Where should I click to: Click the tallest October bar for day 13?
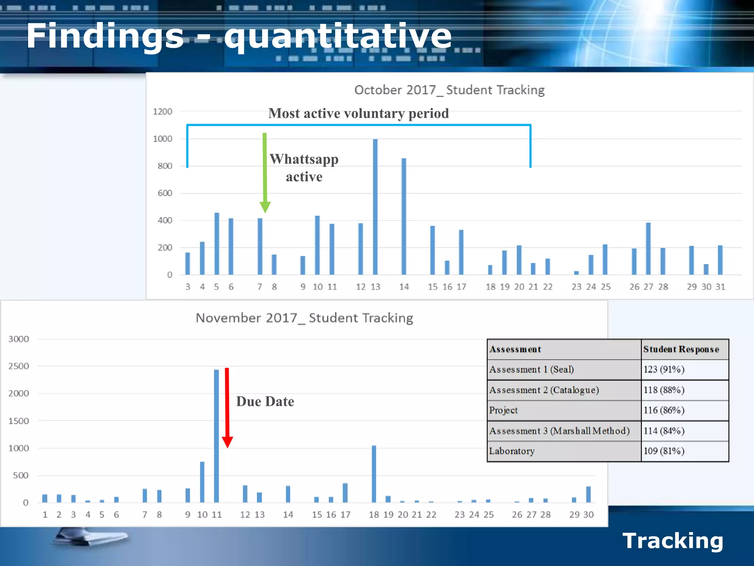(x=375, y=206)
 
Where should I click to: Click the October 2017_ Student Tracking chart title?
(x=449, y=90)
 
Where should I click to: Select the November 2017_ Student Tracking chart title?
(x=304, y=318)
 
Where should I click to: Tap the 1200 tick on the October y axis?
(x=162, y=112)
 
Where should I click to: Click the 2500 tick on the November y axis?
(x=18, y=366)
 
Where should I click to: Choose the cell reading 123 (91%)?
(x=664, y=370)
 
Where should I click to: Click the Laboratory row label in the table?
(x=512, y=451)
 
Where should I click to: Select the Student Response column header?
(x=681, y=349)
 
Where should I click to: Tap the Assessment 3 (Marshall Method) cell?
(x=559, y=431)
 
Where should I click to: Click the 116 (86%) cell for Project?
(x=664, y=410)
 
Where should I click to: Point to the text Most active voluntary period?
(x=359, y=113)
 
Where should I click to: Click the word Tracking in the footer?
(x=673, y=541)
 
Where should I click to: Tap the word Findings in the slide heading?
(x=105, y=36)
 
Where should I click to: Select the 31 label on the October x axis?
(x=720, y=287)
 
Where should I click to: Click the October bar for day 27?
(x=648, y=249)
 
